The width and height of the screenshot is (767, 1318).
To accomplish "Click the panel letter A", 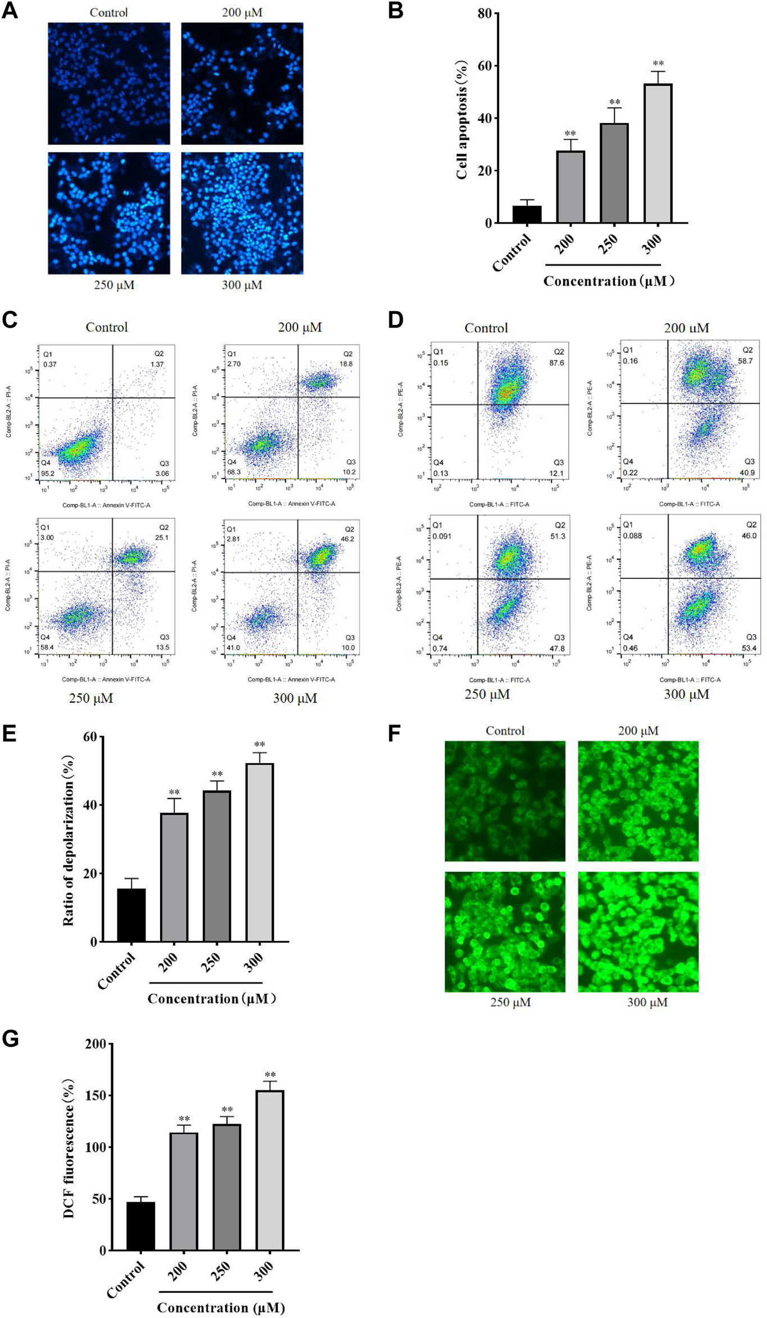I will click(10, 11).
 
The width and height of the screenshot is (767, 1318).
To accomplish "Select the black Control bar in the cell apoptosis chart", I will click(527, 214).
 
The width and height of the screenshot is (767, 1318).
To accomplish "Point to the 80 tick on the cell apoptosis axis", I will click(484, 13).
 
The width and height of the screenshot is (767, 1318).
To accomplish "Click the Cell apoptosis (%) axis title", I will click(462, 119).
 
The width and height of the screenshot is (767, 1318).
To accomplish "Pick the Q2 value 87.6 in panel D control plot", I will click(556, 363).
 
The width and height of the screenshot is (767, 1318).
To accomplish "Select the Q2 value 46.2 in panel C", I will click(348, 539).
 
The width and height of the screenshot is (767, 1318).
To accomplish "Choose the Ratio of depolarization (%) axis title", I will click(68, 840).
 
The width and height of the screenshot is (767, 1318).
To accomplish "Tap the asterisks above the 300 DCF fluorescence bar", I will click(270, 1075).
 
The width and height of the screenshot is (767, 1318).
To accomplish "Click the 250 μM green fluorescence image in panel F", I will click(505, 931).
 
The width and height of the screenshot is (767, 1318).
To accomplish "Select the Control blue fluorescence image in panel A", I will click(109, 84).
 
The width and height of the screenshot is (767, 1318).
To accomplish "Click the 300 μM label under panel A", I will click(242, 285).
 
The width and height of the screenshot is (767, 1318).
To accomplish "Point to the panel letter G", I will click(10, 1039).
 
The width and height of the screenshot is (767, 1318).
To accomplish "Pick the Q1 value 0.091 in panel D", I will click(441, 536).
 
